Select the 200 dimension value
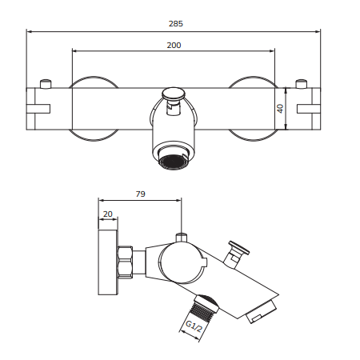point(174,45)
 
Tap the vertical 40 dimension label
point(281,108)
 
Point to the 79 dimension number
point(139,193)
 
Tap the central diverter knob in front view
point(174,96)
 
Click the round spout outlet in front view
point(174,159)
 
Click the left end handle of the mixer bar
point(40,108)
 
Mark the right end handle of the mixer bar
point(307,108)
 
